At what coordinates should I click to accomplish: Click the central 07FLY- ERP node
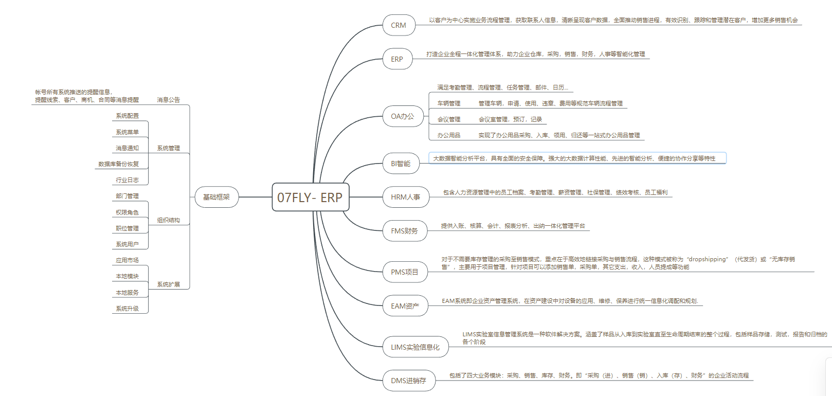[x=310, y=197]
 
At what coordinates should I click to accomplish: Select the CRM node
[x=399, y=25]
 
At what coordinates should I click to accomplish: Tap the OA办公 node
[x=403, y=117]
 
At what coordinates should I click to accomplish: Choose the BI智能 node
[x=401, y=164]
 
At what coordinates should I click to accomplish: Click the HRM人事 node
[x=405, y=197]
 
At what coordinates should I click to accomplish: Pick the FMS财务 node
[x=404, y=231]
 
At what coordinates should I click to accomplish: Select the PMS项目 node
[x=405, y=272]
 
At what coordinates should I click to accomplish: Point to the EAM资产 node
[x=405, y=306]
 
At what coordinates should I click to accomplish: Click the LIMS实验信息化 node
[x=415, y=347]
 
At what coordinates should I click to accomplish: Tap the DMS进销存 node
[x=408, y=381]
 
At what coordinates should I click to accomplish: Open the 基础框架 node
[x=216, y=197]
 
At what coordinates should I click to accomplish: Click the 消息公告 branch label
[x=169, y=100]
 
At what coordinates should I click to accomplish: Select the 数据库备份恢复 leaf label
[x=119, y=164]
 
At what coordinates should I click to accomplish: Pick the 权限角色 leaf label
[x=127, y=212]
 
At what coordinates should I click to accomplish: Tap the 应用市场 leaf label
[x=127, y=260]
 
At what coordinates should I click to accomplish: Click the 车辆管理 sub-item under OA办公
[x=449, y=103]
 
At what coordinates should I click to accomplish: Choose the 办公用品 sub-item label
[x=449, y=135]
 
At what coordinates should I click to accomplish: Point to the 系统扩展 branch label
[x=169, y=284]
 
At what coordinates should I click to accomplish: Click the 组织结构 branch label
[x=169, y=220]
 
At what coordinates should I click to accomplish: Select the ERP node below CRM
[x=397, y=59]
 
